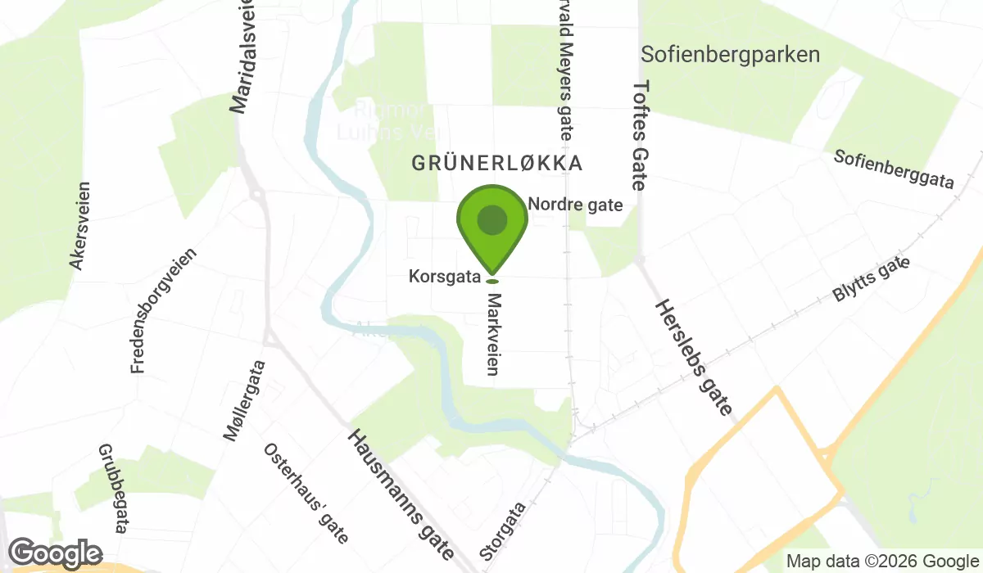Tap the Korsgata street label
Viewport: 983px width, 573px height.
(443, 277)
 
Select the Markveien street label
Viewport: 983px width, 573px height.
(492, 336)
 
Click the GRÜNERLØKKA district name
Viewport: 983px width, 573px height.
(497, 163)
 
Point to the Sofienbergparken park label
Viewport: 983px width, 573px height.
(731, 55)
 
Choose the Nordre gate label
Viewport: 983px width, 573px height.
(576, 205)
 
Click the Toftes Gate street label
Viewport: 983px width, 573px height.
(640, 134)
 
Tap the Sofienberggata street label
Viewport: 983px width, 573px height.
(894, 169)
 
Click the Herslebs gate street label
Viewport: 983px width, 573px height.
(693, 357)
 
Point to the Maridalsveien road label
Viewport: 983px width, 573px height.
(242, 57)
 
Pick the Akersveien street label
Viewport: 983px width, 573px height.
(79, 224)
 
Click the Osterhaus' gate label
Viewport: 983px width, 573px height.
(306, 494)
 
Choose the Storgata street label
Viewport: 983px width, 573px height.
(503, 531)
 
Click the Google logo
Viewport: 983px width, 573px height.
(56, 553)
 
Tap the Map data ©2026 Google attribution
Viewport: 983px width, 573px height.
(881, 562)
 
